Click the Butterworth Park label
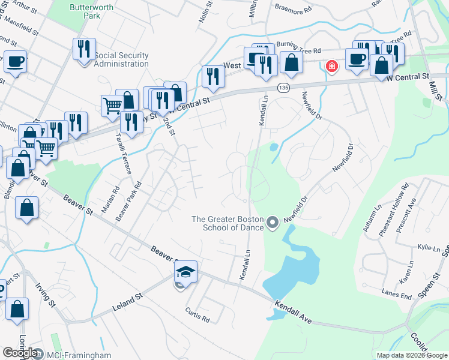point(85,11)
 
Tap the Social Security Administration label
point(121,60)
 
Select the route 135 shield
point(282,88)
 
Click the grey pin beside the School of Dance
point(273,223)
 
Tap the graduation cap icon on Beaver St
point(185,272)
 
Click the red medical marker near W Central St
point(331,66)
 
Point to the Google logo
point(20,353)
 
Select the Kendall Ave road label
point(294,312)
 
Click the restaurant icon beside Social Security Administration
point(84,49)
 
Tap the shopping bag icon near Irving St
point(17,310)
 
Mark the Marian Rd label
point(106,199)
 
